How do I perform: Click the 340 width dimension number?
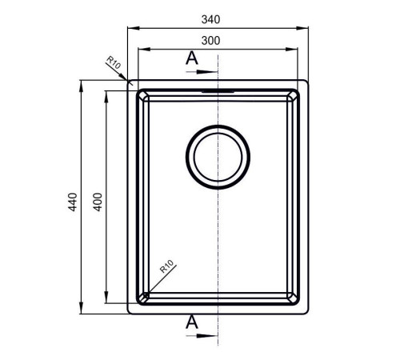pos(210,19)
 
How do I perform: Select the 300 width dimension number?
pos(210,41)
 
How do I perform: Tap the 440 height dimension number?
pos(73,202)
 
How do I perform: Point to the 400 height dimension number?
pos(98,202)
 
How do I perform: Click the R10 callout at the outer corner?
pos(114,62)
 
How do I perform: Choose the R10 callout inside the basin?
pos(167,266)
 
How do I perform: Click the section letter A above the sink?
pos(192,58)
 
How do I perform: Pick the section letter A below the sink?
pos(192,322)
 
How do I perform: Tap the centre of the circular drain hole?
pos(218,157)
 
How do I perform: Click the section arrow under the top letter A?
pos(202,72)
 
